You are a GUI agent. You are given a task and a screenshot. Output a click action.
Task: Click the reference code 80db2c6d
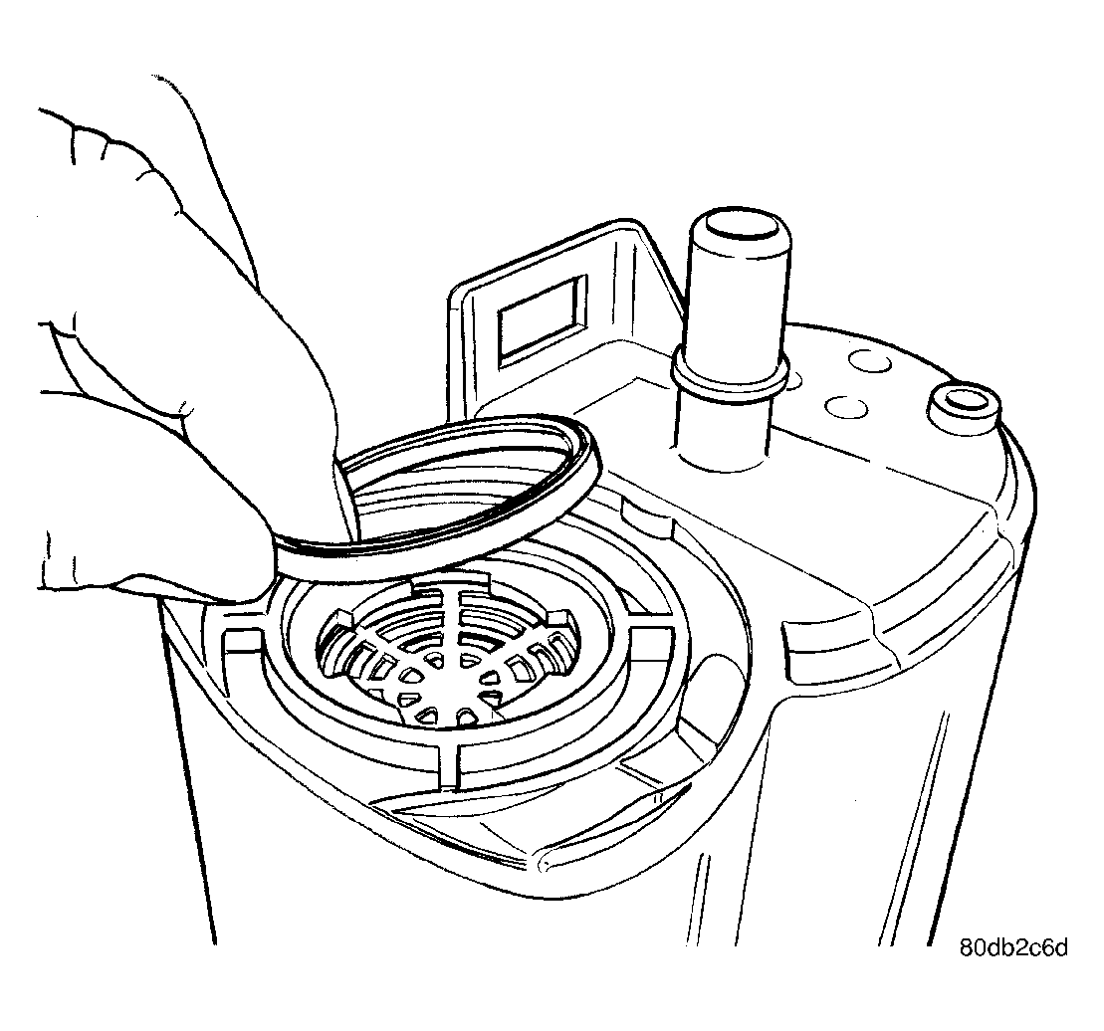click(x=1013, y=947)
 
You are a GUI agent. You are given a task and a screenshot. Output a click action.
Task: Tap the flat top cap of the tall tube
click(x=739, y=224)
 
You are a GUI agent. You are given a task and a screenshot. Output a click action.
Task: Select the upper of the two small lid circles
click(x=869, y=361)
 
